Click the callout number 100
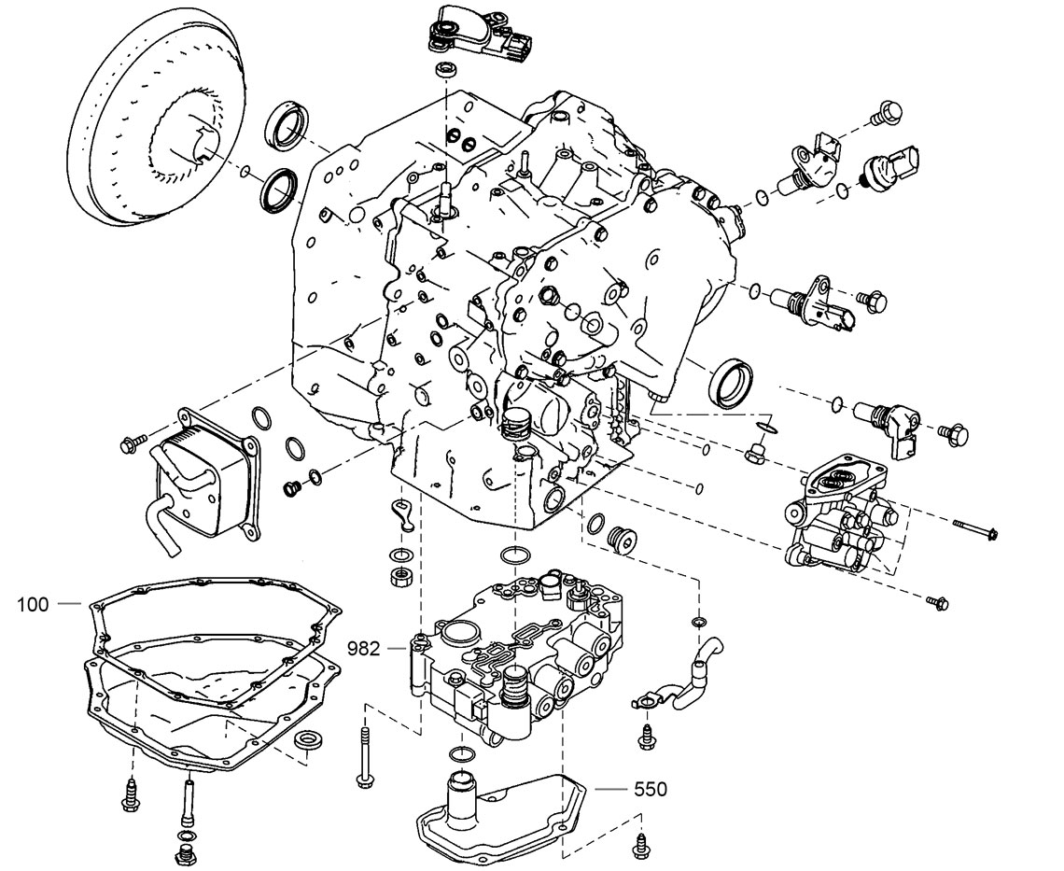pos(33,604)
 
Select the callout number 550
pos(650,789)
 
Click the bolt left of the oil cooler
pos(133,443)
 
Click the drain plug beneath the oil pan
pos(183,853)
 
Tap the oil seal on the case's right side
pos(732,382)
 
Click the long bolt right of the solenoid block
pos(976,530)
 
